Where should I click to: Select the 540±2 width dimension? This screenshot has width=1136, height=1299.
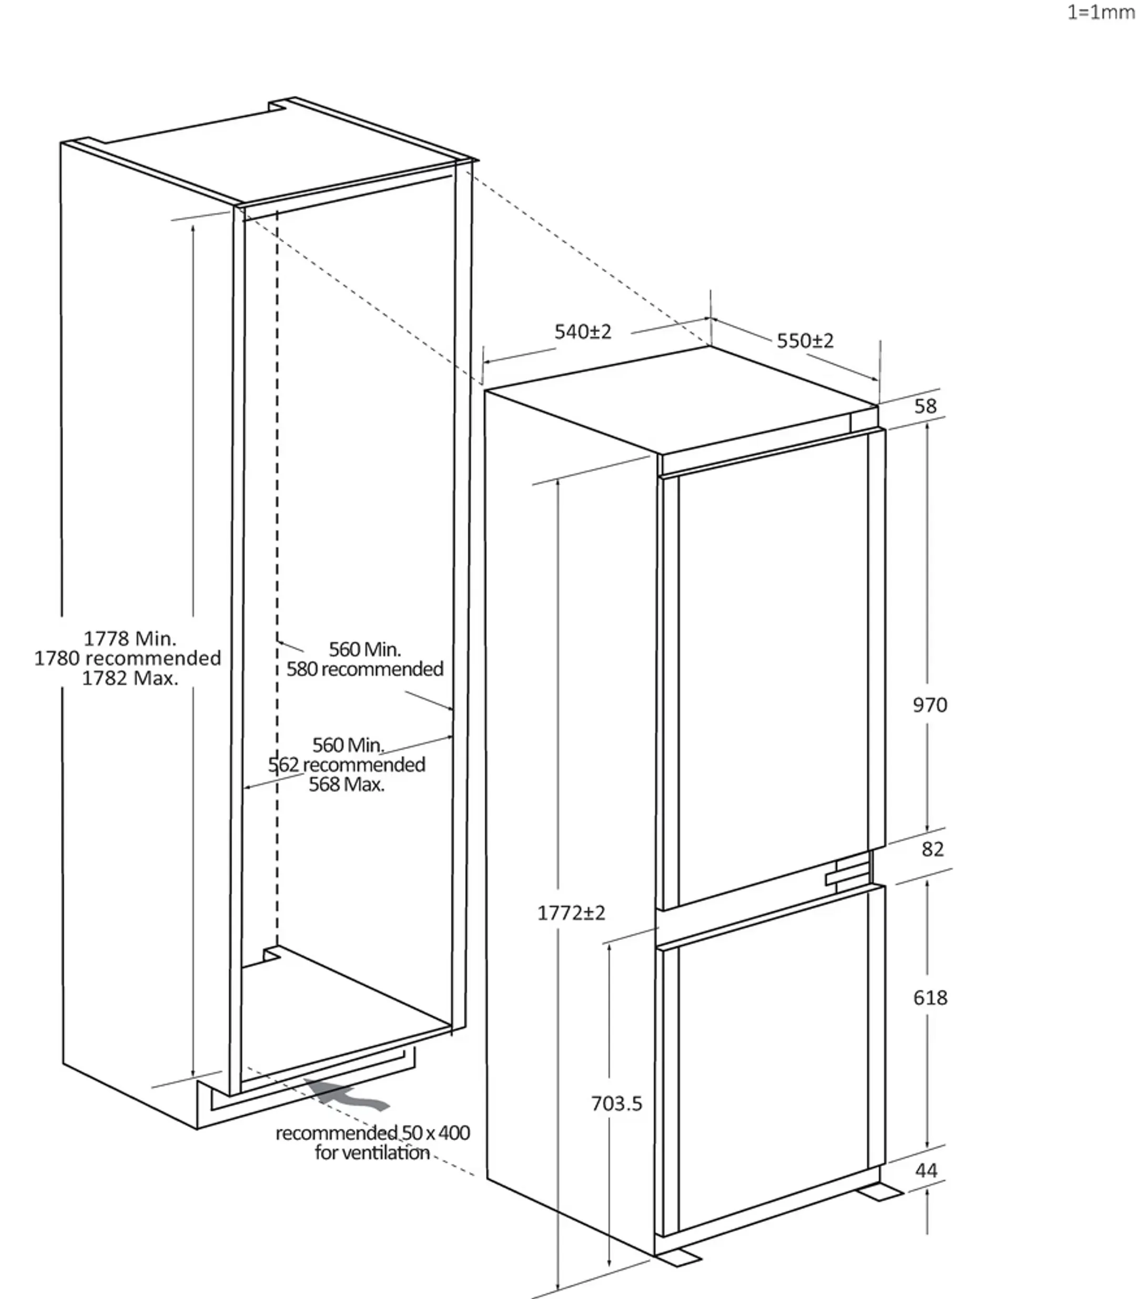pos(583,331)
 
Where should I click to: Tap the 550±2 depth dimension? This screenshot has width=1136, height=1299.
pos(805,341)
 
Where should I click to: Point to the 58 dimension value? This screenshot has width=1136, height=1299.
pos(925,406)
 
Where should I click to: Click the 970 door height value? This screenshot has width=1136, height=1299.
pos(929,704)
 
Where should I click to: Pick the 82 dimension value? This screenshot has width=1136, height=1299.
pos(932,849)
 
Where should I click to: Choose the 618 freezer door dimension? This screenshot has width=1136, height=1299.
pos(929,997)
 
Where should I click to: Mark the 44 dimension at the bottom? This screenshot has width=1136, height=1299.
pos(926,1170)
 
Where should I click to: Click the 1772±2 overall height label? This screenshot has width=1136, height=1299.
pos(571,913)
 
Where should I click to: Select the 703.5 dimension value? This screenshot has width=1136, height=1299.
pos(616,1103)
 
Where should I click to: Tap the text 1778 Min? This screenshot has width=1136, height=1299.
pos(130,638)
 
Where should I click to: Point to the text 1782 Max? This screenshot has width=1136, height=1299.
pos(130,678)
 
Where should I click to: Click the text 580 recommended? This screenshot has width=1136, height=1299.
pos(364,669)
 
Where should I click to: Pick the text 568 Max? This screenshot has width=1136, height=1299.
pos(346,784)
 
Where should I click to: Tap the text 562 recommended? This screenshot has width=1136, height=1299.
pos(346,765)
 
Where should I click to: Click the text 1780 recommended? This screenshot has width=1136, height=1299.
pos(127,658)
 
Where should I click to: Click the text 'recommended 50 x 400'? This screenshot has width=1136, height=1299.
pos(372,1132)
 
